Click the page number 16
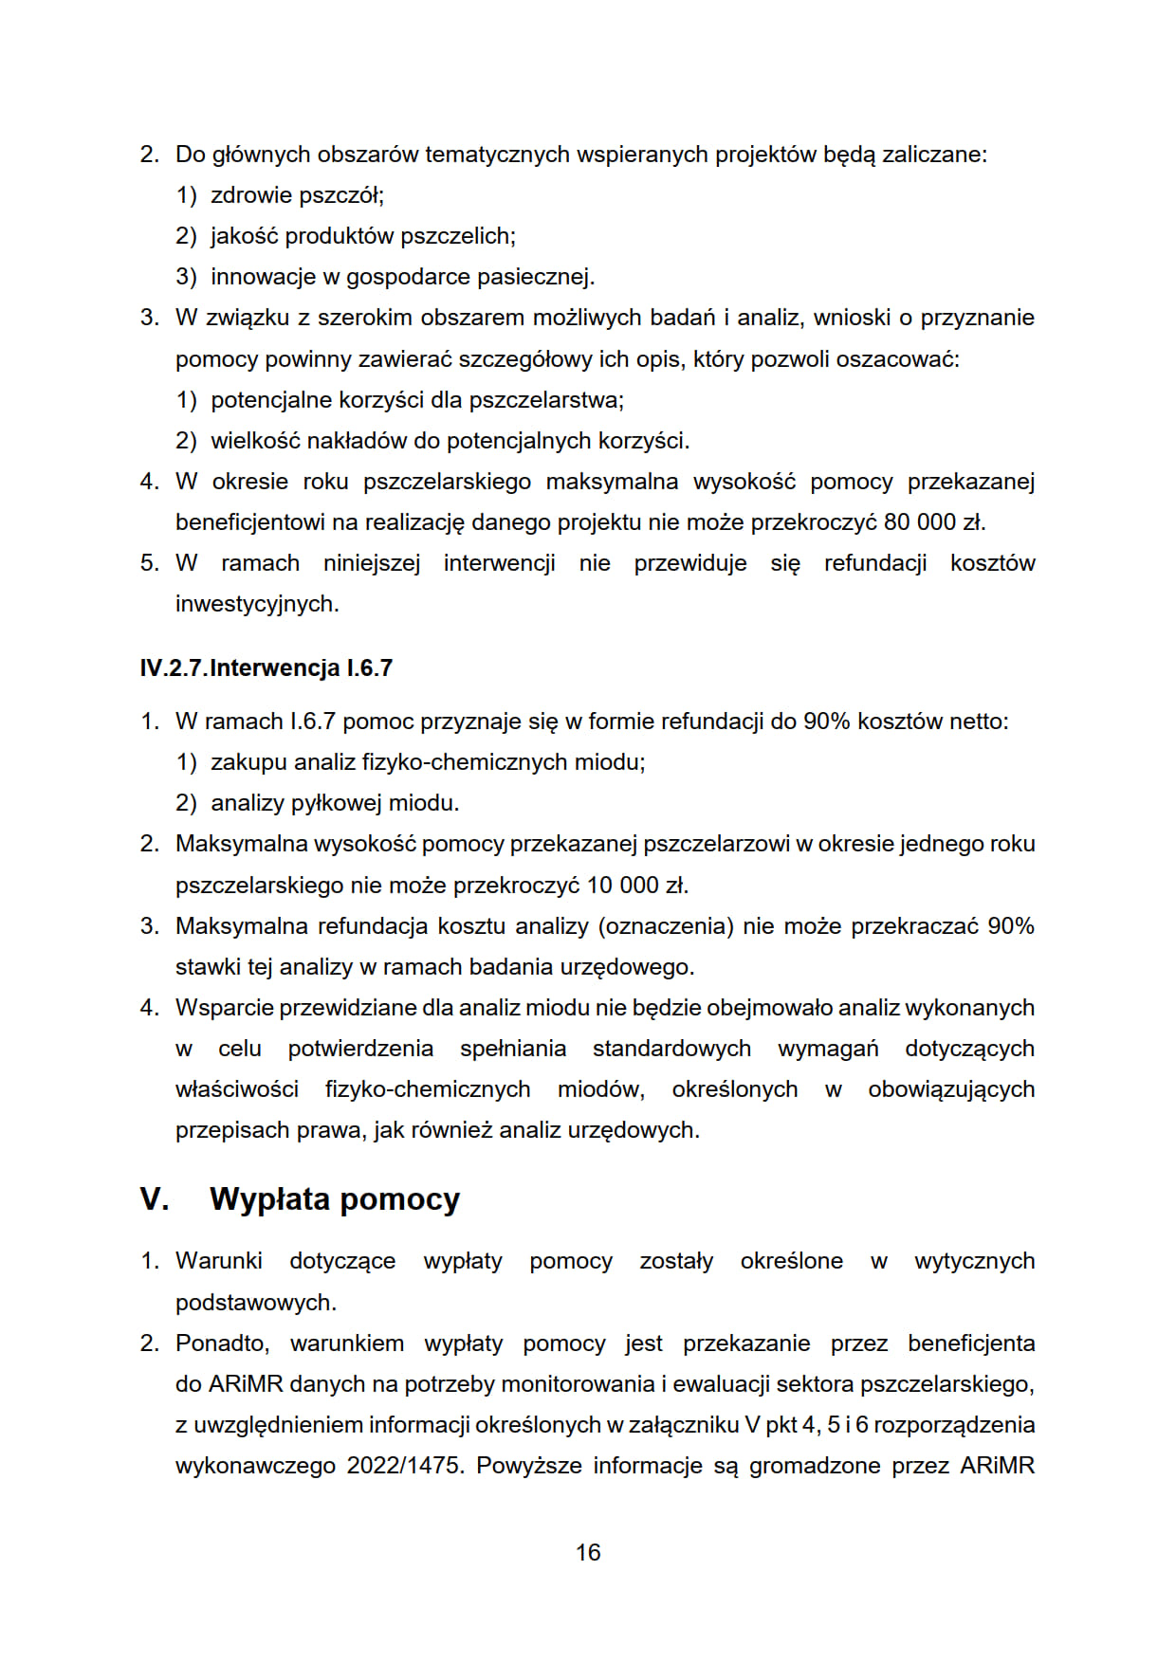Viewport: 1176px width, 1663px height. pos(588,1552)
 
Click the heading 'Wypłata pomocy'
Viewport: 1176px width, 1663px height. pos(335,1199)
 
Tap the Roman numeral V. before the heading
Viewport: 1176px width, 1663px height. pos(154,1199)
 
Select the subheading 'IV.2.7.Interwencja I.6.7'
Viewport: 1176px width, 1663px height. pos(266,668)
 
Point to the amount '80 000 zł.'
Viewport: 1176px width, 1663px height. pos(935,522)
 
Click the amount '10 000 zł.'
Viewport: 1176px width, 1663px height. pos(637,886)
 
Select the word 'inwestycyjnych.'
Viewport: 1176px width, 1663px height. pos(257,604)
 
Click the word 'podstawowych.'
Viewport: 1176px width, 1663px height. pos(256,1303)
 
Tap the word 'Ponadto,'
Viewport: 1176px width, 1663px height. pos(223,1343)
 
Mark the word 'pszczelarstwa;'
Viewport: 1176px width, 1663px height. pos(546,400)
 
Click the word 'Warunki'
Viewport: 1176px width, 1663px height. pos(219,1261)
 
